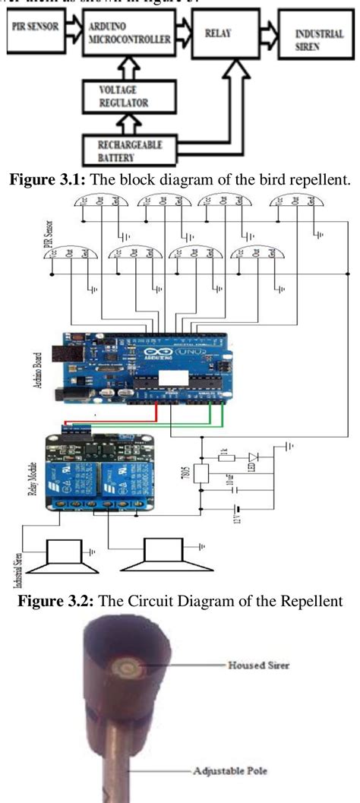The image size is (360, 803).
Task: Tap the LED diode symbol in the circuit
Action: pyautogui.click(x=253, y=459)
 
